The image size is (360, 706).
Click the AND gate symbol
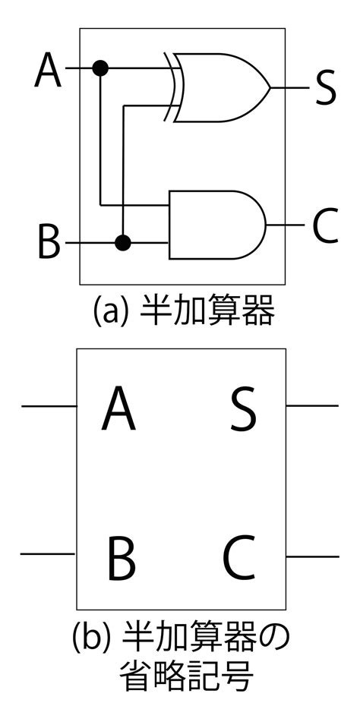[217, 225]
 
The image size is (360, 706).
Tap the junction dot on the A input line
[100, 68]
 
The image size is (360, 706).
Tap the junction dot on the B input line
[122, 243]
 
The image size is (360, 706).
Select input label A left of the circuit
[48, 69]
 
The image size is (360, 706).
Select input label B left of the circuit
[48, 243]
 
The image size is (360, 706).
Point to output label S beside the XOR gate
[325, 88]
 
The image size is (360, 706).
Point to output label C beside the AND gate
[324, 225]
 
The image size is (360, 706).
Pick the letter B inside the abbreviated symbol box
[122, 558]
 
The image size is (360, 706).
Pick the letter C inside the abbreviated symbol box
[240, 558]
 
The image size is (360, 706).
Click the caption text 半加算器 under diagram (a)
[207, 310]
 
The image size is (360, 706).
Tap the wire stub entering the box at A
[49, 406]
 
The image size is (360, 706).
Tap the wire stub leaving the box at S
[312, 406]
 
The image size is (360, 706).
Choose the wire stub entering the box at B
[48, 553]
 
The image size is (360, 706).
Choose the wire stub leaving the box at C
[312, 557]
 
